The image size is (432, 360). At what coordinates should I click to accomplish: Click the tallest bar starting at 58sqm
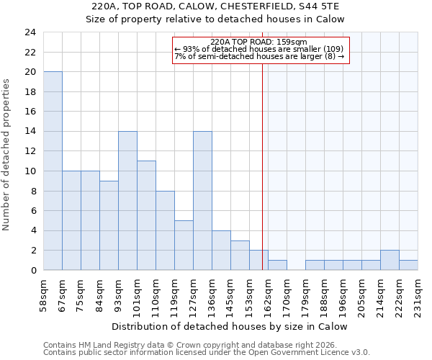pyautogui.click(x=53, y=171)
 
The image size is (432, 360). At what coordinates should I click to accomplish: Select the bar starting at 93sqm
pyautogui.click(x=127, y=200)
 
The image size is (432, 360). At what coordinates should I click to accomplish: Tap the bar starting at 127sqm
pyautogui.click(x=202, y=200)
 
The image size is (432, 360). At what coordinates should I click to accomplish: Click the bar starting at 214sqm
pyautogui.click(x=390, y=260)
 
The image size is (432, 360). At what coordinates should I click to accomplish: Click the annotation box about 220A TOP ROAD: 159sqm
pyautogui.click(x=261, y=50)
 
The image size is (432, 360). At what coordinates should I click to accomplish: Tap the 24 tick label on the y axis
pyautogui.click(x=30, y=32)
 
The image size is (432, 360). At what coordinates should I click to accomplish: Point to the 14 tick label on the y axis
pyautogui.click(x=30, y=132)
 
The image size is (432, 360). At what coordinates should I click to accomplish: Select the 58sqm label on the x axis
pyautogui.click(x=43, y=294)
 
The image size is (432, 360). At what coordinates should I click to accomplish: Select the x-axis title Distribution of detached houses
pyautogui.click(x=230, y=326)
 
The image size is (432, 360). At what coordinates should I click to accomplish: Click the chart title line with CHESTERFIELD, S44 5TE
pyautogui.click(x=216, y=6)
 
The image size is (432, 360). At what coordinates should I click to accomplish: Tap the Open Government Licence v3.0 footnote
pyautogui.click(x=207, y=353)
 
